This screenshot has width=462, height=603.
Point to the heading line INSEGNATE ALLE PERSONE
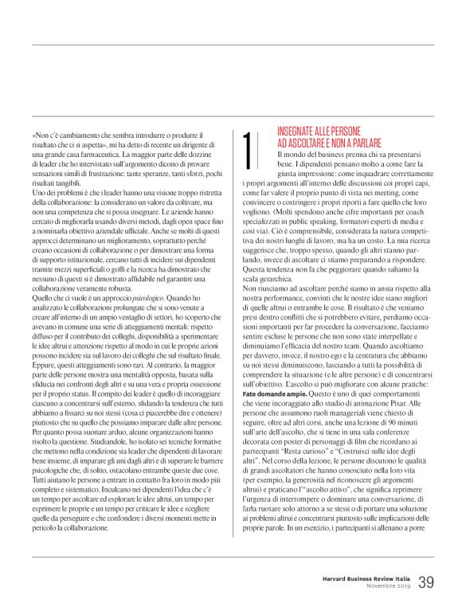[x=319, y=130]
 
